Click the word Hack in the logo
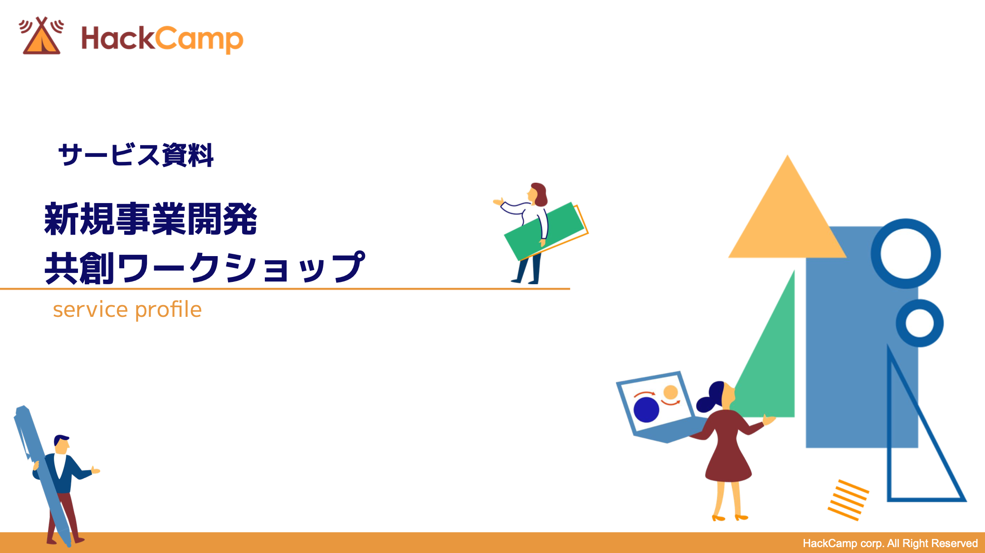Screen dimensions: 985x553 pyautogui.click(x=118, y=38)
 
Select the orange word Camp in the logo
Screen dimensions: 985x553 pyautogui.click(x=200, y=40)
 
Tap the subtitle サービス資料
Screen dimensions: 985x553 pyautogui.click(x=136, y=155)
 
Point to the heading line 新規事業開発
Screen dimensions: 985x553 pyautogui.click(x=151, y=219)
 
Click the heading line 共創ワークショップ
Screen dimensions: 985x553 pyautogui.click(x=205, y=268)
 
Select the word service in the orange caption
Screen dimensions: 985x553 pyautogui.click(x=90, y=310)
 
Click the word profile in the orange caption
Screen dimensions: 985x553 pyautogui.click(x=168, y=310)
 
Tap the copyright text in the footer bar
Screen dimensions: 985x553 pyautogui.click(x=890, y=543)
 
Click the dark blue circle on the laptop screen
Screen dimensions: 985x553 pyautogui.click(x=646, y=409)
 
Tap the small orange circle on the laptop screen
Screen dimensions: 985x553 pyautogui.click(x=670, y=392)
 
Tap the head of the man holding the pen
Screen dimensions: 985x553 pyautogui.click(x=61, y=444)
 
